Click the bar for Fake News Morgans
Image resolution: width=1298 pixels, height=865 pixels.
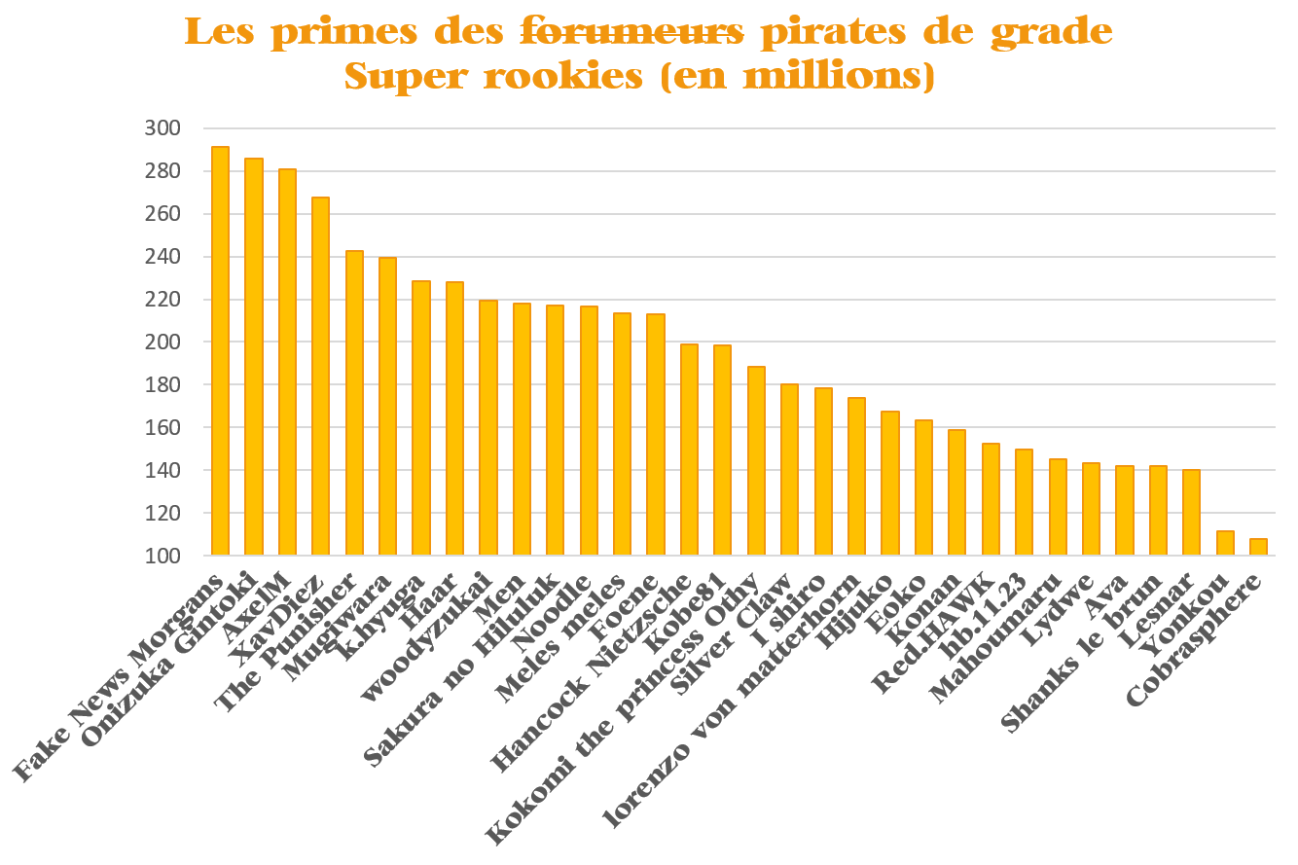click(x=220, y=351)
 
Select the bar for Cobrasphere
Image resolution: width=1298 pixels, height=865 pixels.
click(x=1258, y=547)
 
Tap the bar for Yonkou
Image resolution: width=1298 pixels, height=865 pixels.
click(x=1225, y=543)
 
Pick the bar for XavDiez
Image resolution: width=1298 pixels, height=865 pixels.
click(x=320, y=376)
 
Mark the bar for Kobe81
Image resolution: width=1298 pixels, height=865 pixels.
click(x=722, y=450)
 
